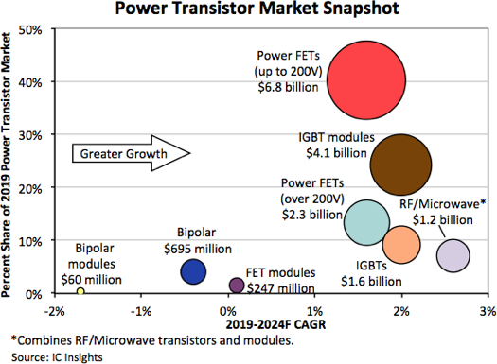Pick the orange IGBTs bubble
point(401,245)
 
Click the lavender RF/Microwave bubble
point(453,254)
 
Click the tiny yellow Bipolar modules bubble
point(81,291)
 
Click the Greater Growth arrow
point(133,153)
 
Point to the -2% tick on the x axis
point(55,309)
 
